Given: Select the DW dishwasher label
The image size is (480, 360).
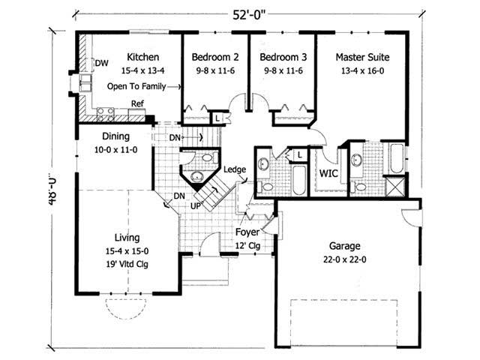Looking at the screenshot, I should pyautogui.click(x=99, y=63).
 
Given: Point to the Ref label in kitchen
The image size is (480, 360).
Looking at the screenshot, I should pyautogui.click(x=137, y=104).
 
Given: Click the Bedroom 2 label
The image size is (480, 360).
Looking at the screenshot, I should pyautogui.click(x=214, y=57).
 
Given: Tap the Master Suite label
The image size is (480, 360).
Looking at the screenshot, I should pyautogui.click(x=361, y=57).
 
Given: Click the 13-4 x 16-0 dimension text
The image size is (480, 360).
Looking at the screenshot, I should pyautogui.click(x=361, y=71).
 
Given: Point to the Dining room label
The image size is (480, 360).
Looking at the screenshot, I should pyautogui.click(x=112, y=136).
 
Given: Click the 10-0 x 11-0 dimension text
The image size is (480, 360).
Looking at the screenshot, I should pyautogui.click(x=112, y=150).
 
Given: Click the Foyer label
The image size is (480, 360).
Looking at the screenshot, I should pyautogui.click(x=247, y=232).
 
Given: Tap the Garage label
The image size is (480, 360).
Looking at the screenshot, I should pyautogui.click(x=345, y=245).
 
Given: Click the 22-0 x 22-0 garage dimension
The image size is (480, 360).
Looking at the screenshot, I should pyautogui.click(x=345, y=259).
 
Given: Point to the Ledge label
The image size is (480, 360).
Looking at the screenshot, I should pyautogui.click(x=235, y=170).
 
